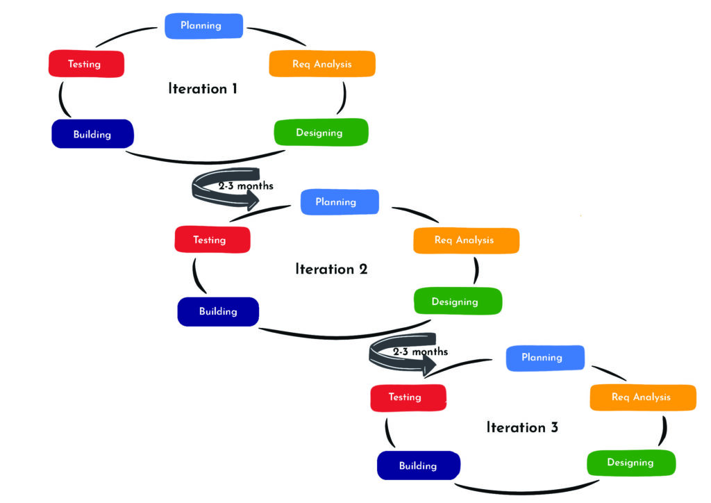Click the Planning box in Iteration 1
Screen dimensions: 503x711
pyautogui.click(x=203, y=26)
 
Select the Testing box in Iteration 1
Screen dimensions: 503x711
pyautogui.click(x=86, y=64)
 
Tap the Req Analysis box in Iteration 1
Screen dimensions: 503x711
pyautogui.click(x=322, y=64)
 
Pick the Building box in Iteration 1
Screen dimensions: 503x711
pyautogui.click(x=92, y=134)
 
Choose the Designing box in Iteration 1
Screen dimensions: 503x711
pyautogui.click(x=320, y=133)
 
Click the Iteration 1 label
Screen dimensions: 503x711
pyautogui.click(x=203, y=89)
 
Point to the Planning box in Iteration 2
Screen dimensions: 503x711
pyautogui.click(x=339, y=202)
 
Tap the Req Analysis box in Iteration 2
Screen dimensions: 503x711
pyautogui.click(x=465, y=240)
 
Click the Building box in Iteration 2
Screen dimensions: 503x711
pyautogui.click(x=218, y=311)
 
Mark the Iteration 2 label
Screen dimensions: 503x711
pyautogui.click(x=331, y=270)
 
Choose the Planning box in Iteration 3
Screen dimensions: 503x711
pyautogui.click(x=544, y=357)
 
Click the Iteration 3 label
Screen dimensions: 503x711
pyautogui.click(x=522, y=427)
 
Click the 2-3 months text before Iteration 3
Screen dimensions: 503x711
pyautogui.click(x=420, y=352)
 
